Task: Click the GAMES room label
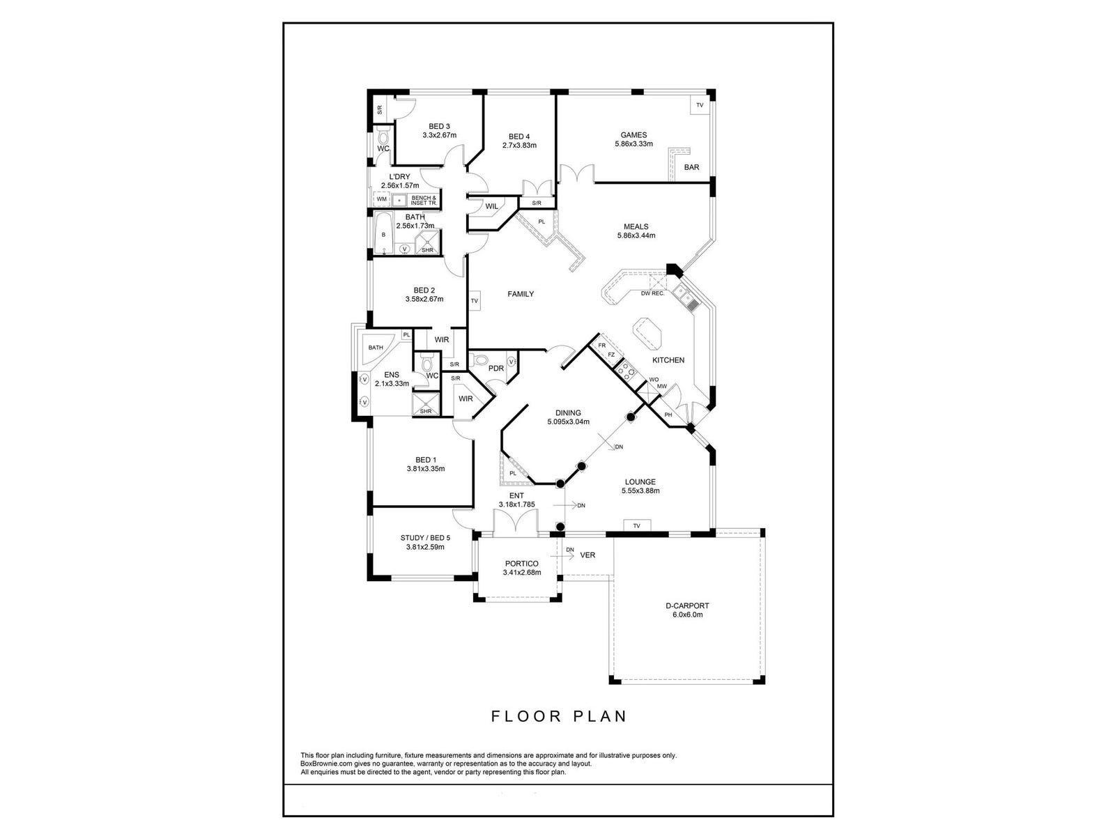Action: pos(633,135)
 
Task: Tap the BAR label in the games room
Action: pos(691,167)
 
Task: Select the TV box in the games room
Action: pos(700,105)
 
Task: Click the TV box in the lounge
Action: pos(636,525)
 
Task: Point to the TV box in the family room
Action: pos(475,301)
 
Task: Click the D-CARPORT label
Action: pos(686,606)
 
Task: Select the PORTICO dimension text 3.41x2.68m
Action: pos(521,573)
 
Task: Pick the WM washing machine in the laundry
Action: pos(381,199)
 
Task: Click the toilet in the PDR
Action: pos(479,360)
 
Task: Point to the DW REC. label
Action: pos(653,293)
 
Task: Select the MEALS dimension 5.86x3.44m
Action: pos(636,235)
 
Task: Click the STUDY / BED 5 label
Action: pos(425,538)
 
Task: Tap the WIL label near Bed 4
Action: pos(491,206)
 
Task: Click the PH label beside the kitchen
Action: pos(668,415)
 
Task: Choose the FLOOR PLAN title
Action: pos(559,716)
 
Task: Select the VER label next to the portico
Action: pos(587,555)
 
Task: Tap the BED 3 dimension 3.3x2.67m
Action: pos(439,135)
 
